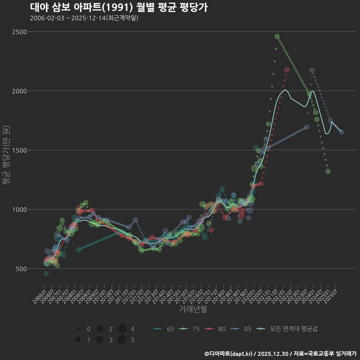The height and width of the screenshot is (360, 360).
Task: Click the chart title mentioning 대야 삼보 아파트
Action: pos(118,7)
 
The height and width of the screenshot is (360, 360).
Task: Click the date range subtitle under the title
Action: pos(84,18)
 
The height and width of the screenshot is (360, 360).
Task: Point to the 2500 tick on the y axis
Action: pos(19,32)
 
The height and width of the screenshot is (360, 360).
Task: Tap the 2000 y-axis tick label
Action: pos(19,91)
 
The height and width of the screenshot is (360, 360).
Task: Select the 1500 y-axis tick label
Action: pos(19,150)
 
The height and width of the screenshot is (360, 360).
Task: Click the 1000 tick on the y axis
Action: pos(19,210)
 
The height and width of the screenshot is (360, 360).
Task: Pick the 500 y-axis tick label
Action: pos(21,269)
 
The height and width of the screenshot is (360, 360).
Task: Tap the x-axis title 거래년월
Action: pos(193,309)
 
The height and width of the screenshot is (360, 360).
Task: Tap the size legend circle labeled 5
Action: pos(121,340)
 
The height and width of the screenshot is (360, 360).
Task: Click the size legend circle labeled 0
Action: pos(78,329)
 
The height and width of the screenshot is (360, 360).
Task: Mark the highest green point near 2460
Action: pos(277,36)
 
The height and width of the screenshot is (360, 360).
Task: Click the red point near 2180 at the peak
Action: pos(287,70)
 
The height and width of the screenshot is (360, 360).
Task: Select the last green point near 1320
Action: pos(328,171)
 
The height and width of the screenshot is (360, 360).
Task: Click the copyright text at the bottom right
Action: pos(280,353)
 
